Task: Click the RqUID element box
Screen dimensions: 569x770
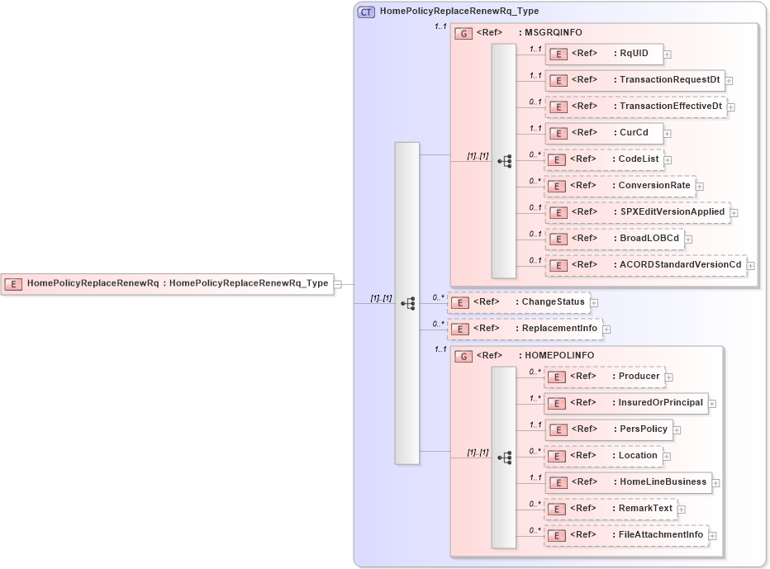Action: (603, 54)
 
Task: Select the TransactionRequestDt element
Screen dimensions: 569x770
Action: (635, 80)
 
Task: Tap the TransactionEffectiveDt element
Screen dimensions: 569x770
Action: (635, 107)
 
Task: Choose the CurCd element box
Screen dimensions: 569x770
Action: (603, 133)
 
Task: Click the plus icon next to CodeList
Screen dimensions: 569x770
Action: (668, 160)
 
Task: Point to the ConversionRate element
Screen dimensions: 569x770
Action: (620, 186)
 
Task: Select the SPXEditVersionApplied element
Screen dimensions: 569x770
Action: (637, 212)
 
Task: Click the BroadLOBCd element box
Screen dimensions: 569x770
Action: (614, 239)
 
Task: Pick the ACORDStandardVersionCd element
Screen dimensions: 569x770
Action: (645, 265)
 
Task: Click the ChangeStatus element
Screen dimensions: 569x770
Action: (518, 302)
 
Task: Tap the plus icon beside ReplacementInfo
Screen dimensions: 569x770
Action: (606, 330)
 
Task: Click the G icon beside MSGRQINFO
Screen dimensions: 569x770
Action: (464, 33)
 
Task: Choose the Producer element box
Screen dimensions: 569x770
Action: (604, 377)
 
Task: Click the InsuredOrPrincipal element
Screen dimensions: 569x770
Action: (626, 403)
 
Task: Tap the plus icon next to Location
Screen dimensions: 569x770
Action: (667, 457)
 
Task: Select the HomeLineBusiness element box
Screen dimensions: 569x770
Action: (628, 482)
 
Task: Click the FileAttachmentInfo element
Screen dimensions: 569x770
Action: (625, 535)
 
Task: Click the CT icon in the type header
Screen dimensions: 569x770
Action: (366, 12)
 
